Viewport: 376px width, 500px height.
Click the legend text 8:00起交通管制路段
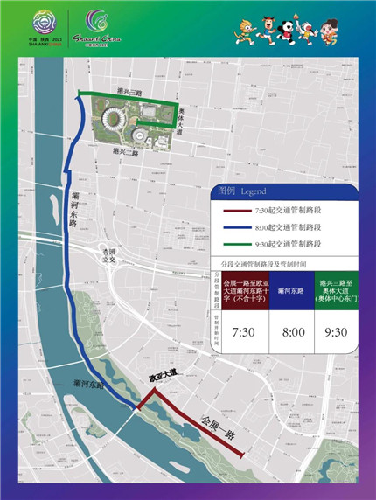click(287, 226)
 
